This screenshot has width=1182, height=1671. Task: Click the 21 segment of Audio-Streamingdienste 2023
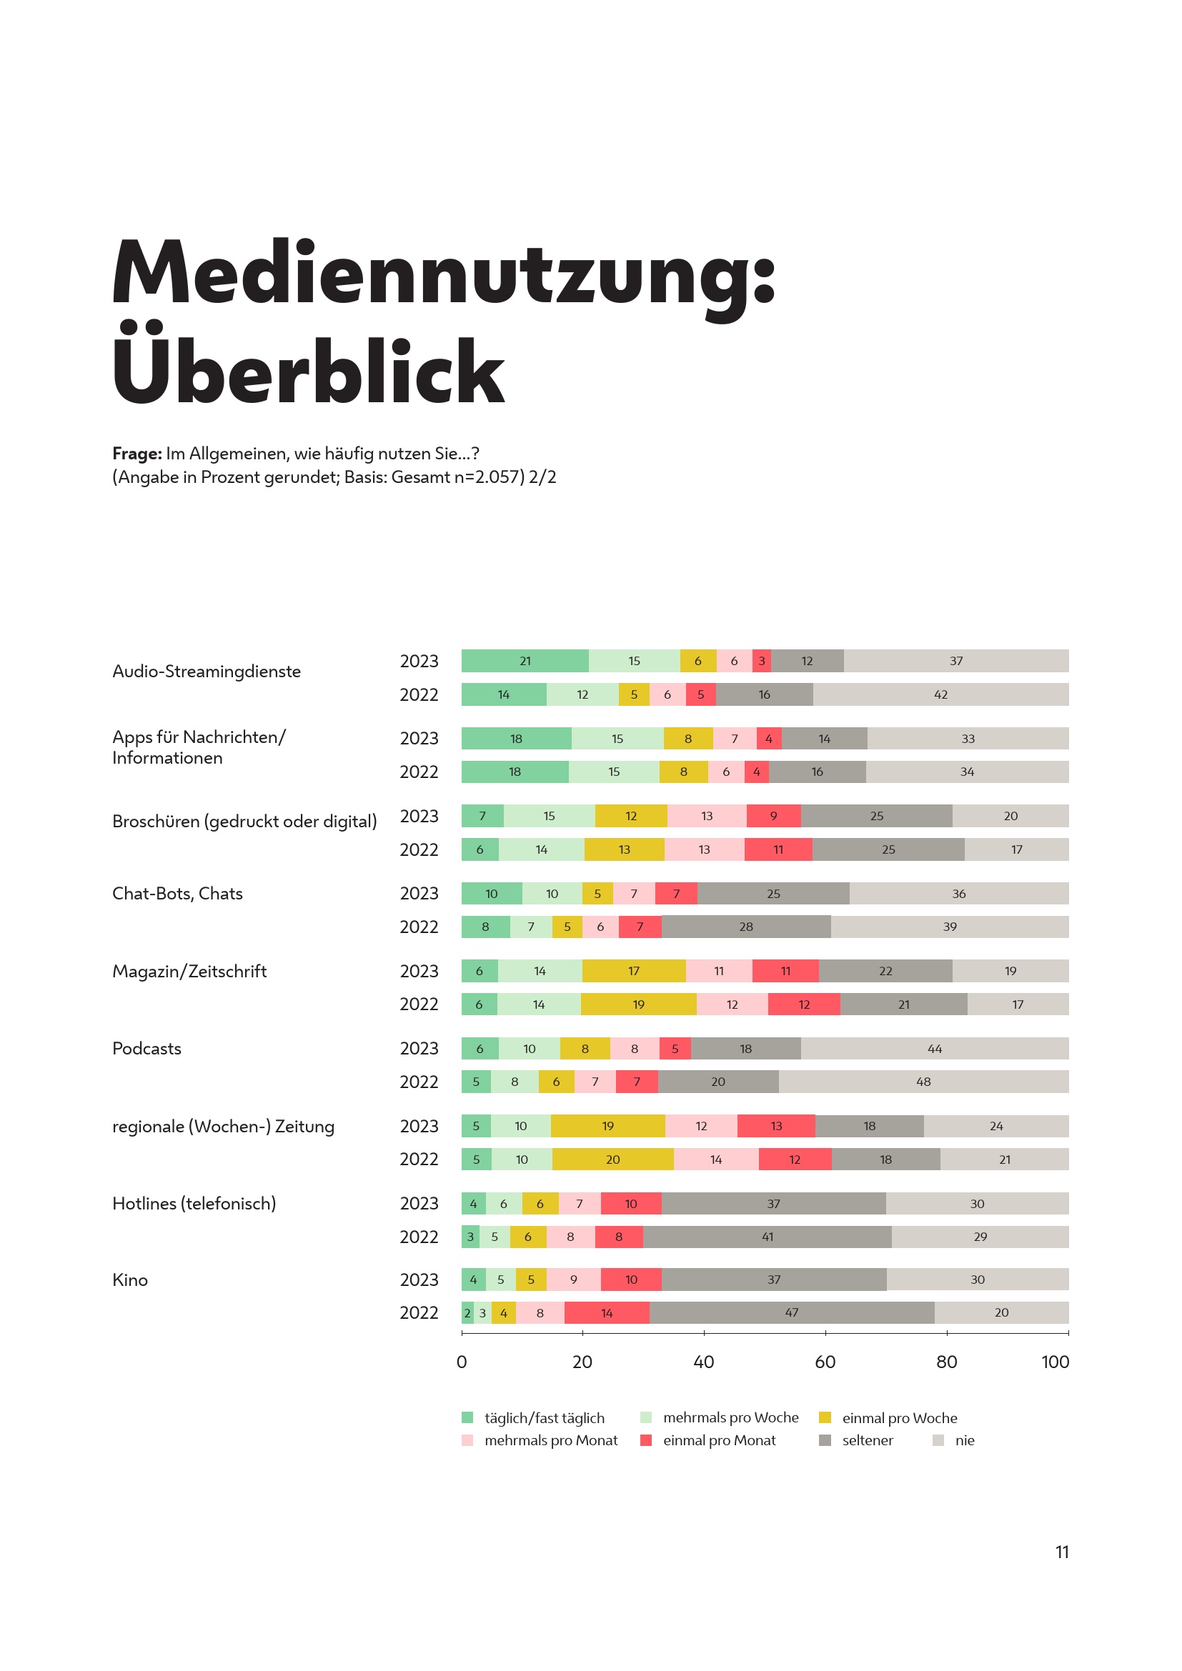coord(525,661)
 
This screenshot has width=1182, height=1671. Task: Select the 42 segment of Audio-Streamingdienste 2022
coord(940,694)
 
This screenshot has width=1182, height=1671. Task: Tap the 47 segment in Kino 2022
coord(791,1312)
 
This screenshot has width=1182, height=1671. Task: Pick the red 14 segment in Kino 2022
coord(606,1312)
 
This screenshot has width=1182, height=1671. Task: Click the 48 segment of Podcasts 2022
coord(923,1082)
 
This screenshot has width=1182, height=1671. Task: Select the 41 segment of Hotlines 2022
coord(767,1237)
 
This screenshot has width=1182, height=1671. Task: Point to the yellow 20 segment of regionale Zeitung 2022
coord(613,1159)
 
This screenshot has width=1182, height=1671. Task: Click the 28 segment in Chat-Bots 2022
coord(746,927)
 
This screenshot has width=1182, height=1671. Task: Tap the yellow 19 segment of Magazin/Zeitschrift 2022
coord(638,1004)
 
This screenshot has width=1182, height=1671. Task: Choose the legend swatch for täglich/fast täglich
coord(467,1417)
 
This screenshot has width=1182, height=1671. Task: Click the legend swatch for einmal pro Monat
coord(645,1440)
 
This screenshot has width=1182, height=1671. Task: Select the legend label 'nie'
coord(964,1440)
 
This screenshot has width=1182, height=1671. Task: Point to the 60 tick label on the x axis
coord(825,1362)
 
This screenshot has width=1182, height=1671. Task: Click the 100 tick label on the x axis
coord(1055,1362)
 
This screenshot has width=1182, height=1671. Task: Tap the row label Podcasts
coord(147,1048)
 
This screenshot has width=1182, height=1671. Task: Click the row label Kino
coord(130,1280)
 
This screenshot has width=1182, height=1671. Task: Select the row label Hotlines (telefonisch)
coord(194,1203)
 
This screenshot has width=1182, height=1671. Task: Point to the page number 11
coord(1062,1552)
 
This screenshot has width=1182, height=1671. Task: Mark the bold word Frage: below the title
coord(136,454)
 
